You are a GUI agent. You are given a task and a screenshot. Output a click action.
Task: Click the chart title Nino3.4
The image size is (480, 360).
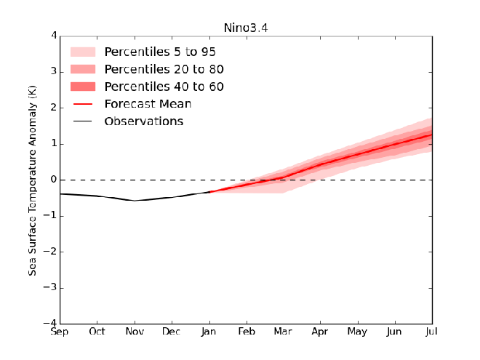coord(246,28)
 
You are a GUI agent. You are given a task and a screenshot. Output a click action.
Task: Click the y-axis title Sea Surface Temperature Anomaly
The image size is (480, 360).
coord(33,179)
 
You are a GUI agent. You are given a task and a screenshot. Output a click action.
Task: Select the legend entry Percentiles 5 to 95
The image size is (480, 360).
coord(160,52)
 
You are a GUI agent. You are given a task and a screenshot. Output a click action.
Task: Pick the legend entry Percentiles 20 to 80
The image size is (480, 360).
coord(164,70)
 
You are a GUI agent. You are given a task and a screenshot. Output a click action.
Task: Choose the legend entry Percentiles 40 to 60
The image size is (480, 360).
coord(164,87)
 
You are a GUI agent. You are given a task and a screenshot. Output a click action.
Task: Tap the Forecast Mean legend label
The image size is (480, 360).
coord(148,104)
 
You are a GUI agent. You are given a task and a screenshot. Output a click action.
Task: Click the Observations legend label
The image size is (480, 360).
coord(143,121)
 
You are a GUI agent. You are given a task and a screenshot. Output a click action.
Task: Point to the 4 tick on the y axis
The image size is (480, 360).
coord(53,36)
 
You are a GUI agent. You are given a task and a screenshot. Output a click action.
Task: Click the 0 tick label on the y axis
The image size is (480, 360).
coord(53,180)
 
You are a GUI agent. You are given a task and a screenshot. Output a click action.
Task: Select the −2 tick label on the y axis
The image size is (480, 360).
coord(51,252)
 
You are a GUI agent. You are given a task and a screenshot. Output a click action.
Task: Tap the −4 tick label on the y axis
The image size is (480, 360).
coord(51,323)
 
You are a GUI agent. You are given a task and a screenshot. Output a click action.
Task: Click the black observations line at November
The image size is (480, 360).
coord(135,200)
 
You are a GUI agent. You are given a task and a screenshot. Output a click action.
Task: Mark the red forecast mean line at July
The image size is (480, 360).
coord(431,135)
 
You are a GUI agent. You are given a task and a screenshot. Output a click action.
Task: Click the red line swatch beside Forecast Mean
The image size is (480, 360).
coord(83,104)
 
